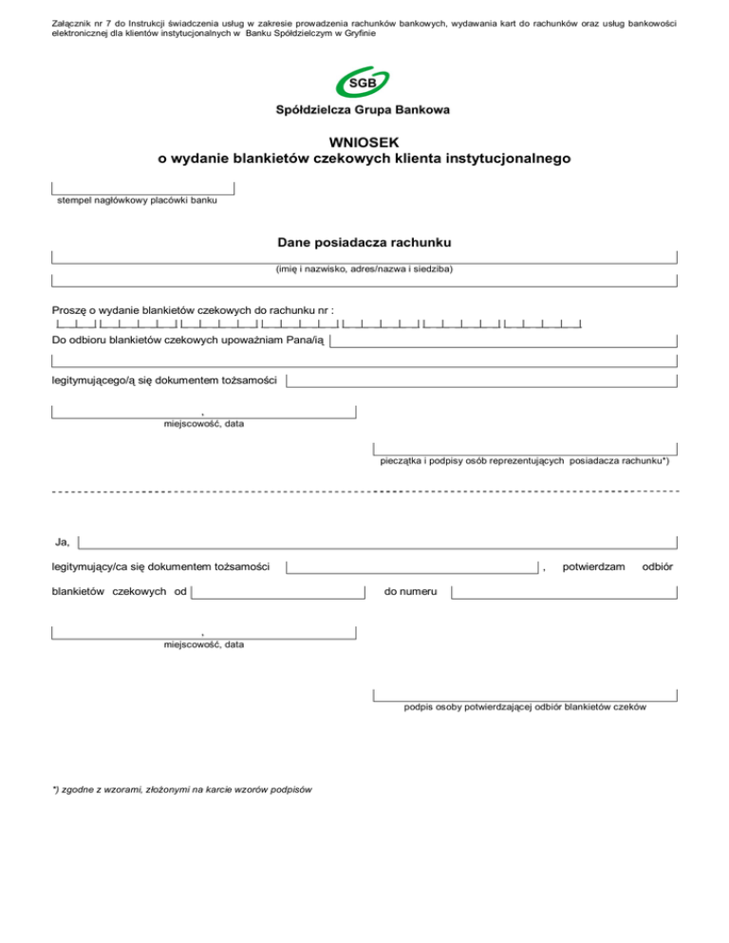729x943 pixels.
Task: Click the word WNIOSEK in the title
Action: coord(364,142)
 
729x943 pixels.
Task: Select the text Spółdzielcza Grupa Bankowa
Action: coord(364,110)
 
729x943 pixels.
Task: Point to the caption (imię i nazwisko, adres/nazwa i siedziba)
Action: coord(364,269)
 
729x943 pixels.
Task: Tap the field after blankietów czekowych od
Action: coord(278,593)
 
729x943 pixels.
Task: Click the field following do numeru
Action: coord(564,593)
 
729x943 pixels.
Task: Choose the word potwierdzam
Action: coord(593,566)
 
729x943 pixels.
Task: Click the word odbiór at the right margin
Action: coord(658,566)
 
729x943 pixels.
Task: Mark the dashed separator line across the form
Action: coord(364,492)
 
